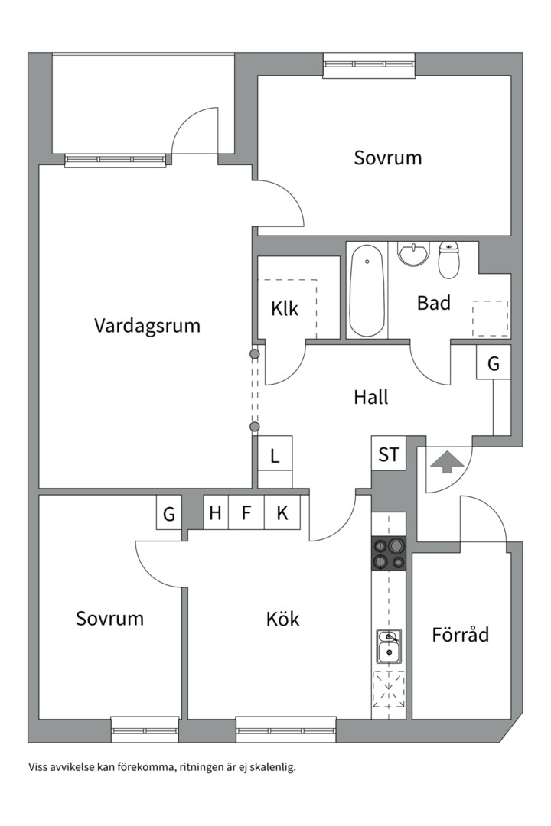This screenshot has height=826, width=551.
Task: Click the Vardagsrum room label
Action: point(147,326)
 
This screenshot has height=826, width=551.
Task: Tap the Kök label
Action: point(282,618)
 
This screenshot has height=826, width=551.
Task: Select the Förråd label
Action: point(460,634)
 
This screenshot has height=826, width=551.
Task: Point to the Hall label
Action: point(371,397)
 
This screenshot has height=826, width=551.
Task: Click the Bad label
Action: point(433,303)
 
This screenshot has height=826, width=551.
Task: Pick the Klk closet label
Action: point(285,309)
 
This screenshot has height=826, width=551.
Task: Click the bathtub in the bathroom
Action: point(367,291)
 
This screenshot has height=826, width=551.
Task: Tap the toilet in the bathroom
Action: point(448,260)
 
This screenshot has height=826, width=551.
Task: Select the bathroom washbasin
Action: point(414,254)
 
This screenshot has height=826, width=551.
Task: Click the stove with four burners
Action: point(389,553)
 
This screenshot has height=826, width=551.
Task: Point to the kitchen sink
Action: point(389,646)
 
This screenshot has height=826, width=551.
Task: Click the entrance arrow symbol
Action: point(447,460)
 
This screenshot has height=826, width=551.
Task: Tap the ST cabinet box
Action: point(389,453)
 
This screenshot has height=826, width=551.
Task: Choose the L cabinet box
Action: point(275,454)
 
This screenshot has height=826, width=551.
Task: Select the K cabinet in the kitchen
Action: point(282,512)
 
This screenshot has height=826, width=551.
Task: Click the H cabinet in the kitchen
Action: point(216,512)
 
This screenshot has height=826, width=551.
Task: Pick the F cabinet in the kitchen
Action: point(246,512)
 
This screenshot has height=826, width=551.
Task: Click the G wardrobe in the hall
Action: point(494,363)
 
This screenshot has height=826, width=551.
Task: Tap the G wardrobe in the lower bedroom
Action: point(168,512)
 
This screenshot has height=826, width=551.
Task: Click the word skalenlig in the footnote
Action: point(275,768)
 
